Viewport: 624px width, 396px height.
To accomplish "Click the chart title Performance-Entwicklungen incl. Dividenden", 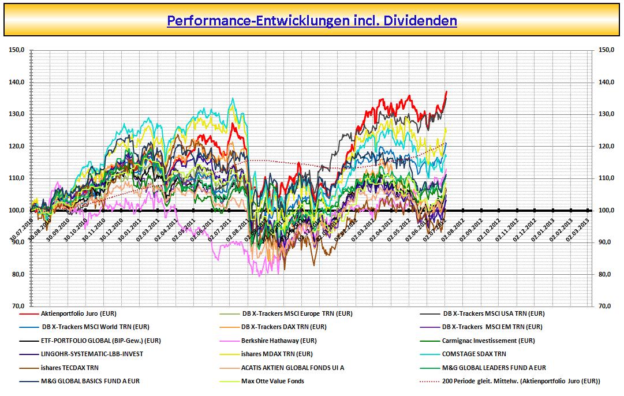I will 312,21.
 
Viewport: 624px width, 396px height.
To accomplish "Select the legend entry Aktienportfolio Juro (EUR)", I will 78,314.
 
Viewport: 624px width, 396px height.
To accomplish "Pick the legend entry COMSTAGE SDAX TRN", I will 474,354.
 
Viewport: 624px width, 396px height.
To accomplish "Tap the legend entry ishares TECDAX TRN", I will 69,367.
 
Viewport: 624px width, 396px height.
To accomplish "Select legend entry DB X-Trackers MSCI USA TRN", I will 494,314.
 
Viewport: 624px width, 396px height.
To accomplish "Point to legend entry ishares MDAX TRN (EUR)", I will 277,354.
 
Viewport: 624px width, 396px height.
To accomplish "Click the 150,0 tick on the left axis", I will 17,50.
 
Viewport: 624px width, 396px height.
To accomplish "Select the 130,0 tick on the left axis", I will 17,114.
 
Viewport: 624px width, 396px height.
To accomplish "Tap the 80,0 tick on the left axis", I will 17,274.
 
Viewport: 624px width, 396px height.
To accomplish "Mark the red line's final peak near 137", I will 446,92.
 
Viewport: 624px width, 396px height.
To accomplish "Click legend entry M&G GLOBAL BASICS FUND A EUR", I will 90,381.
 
